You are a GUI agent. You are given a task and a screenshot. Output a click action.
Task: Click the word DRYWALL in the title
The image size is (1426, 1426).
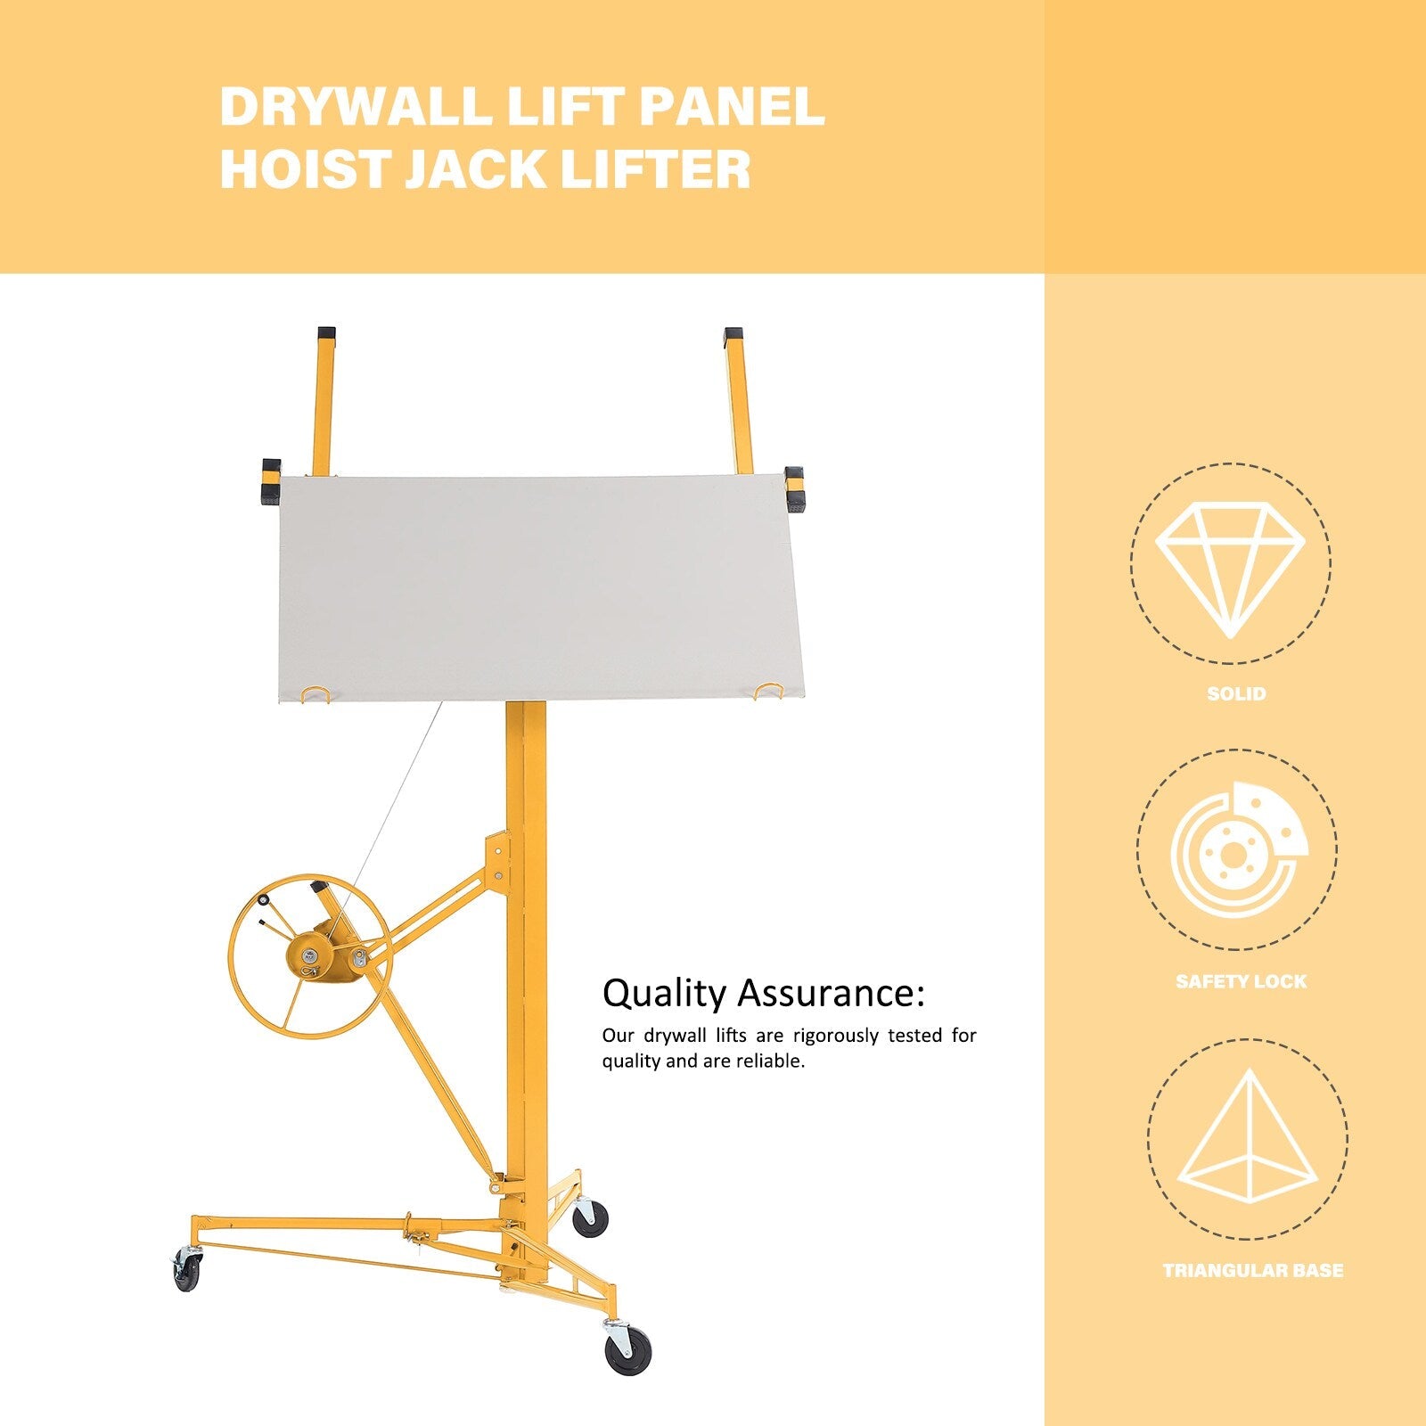pos(355,107)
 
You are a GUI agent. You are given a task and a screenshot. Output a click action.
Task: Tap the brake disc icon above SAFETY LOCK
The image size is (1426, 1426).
pos(1239,851)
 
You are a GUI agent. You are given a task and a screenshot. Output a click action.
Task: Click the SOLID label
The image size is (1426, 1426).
pos(1236,693)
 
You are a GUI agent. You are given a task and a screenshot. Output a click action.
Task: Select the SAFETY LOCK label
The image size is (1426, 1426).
pos(1241,981)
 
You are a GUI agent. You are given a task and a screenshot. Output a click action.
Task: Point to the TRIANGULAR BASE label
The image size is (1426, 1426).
pos(1253,1271)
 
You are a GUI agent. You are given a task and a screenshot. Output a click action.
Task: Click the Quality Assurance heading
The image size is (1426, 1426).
pos(764,993)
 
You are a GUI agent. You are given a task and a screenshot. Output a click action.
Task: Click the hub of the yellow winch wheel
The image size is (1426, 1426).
pos(309,957)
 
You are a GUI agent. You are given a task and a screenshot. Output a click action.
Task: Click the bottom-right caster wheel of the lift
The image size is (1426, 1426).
pos(627,1349)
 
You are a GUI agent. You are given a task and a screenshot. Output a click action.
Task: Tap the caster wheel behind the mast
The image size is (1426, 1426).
pos(589,1217)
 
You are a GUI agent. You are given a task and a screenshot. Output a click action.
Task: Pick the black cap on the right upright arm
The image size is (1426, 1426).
pos(733,338)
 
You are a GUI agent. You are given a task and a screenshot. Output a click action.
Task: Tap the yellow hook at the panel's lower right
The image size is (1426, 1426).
pos(767,691)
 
